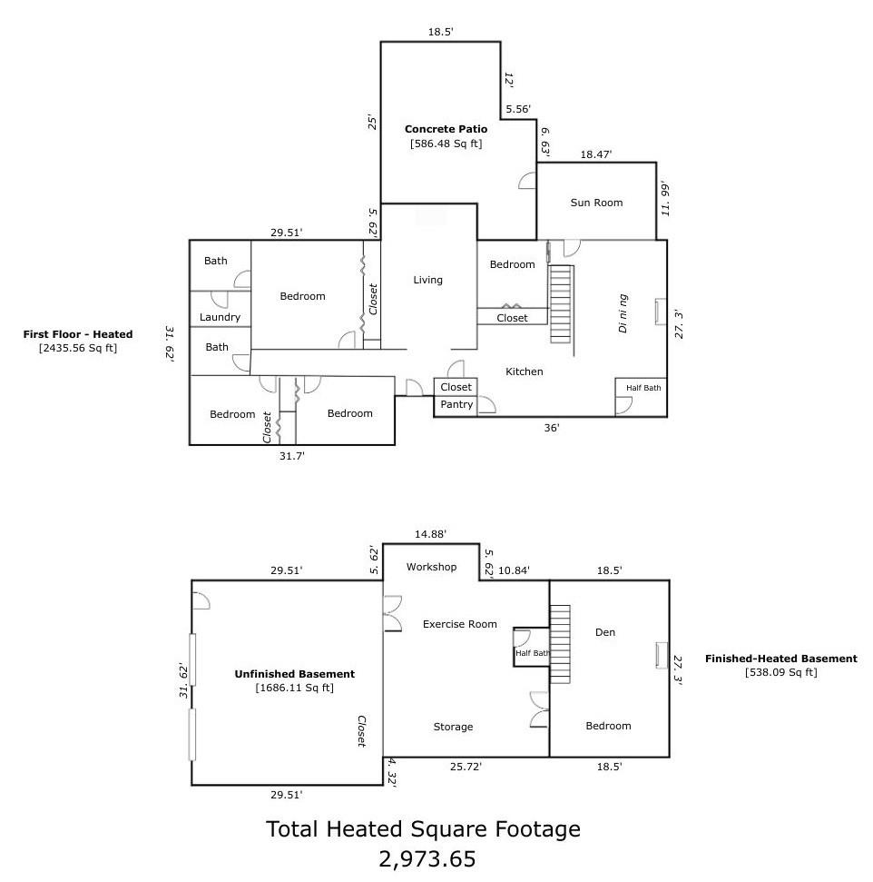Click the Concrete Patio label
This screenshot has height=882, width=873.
(446, 129)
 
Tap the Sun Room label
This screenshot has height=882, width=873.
(596, 203)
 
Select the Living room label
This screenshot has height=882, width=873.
(427, 280)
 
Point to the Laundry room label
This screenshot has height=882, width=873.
(220, 317)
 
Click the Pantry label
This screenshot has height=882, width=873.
(456, 404)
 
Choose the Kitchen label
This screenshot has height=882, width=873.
(524, 372)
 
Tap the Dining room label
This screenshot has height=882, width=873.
(623, 313)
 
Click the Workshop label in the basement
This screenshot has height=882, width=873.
(431, 567)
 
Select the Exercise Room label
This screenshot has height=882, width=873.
(460, 624)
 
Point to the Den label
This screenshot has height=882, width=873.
(605, 632)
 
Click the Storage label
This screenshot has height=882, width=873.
(453, 727)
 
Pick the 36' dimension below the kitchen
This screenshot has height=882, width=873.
(552, 428)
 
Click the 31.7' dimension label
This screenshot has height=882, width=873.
(291, 456)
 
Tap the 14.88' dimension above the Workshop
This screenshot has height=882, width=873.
(430, 534)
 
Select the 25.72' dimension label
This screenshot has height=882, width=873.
(466, 766)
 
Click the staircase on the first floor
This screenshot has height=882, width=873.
(562, 304)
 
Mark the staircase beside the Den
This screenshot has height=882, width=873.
(560, 644)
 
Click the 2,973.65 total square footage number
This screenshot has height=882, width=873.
(427, 859)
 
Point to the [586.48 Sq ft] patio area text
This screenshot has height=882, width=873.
(446, 144)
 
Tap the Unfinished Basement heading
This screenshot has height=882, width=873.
(295, 674)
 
